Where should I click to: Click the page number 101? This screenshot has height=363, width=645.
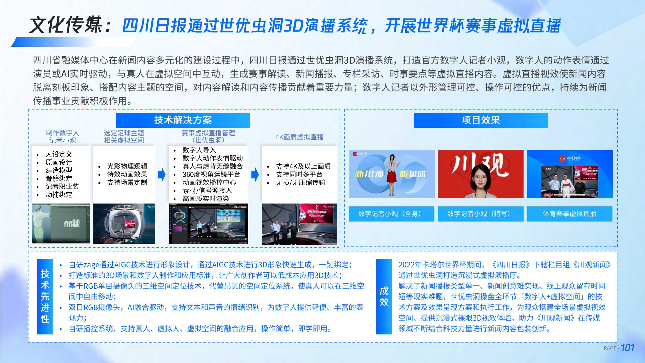[628, 348]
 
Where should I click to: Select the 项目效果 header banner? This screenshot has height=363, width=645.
[480, 120]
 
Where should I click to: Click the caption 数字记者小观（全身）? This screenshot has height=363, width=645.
[391, 214]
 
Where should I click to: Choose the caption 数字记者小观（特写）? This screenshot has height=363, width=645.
[480, 214]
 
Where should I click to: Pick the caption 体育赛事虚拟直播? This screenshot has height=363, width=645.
[569, 214]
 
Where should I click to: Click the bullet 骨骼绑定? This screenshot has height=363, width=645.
[59, 178]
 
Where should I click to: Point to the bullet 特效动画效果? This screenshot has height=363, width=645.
[127, 174]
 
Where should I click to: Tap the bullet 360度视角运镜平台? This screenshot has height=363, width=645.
[211, 174]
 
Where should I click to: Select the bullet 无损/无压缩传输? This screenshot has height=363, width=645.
[300, 182]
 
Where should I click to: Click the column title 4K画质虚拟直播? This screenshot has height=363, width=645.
[299, 137]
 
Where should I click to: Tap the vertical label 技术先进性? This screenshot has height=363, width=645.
[45, 296]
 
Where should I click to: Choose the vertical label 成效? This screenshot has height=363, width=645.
[384, 296]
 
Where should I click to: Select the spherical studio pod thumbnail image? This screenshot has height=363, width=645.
[124, 223]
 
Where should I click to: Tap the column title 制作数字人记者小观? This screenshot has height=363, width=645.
[62, 136]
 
